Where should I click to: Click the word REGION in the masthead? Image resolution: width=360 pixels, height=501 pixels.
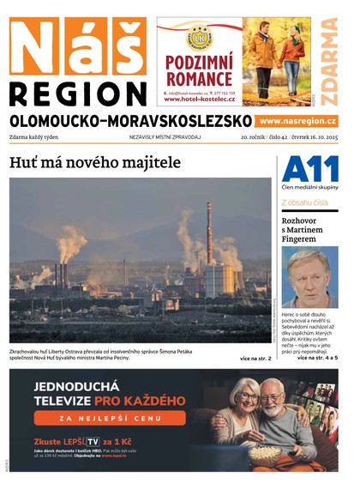click(x=79, y=93)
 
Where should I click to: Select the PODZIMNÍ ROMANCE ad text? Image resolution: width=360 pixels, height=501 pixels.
click(x=199, y=69)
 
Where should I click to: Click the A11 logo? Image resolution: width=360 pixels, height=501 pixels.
click(x=309, y=169)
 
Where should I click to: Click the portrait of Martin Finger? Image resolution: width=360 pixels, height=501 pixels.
click(x=309, y=277)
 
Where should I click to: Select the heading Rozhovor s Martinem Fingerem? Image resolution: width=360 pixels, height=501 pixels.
click(x=303, y=229)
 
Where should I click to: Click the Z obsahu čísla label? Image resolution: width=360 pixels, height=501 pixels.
click(x=304, y=202)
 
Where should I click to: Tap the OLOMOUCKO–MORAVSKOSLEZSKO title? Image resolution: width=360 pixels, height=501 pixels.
click(x=131, y=121)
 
